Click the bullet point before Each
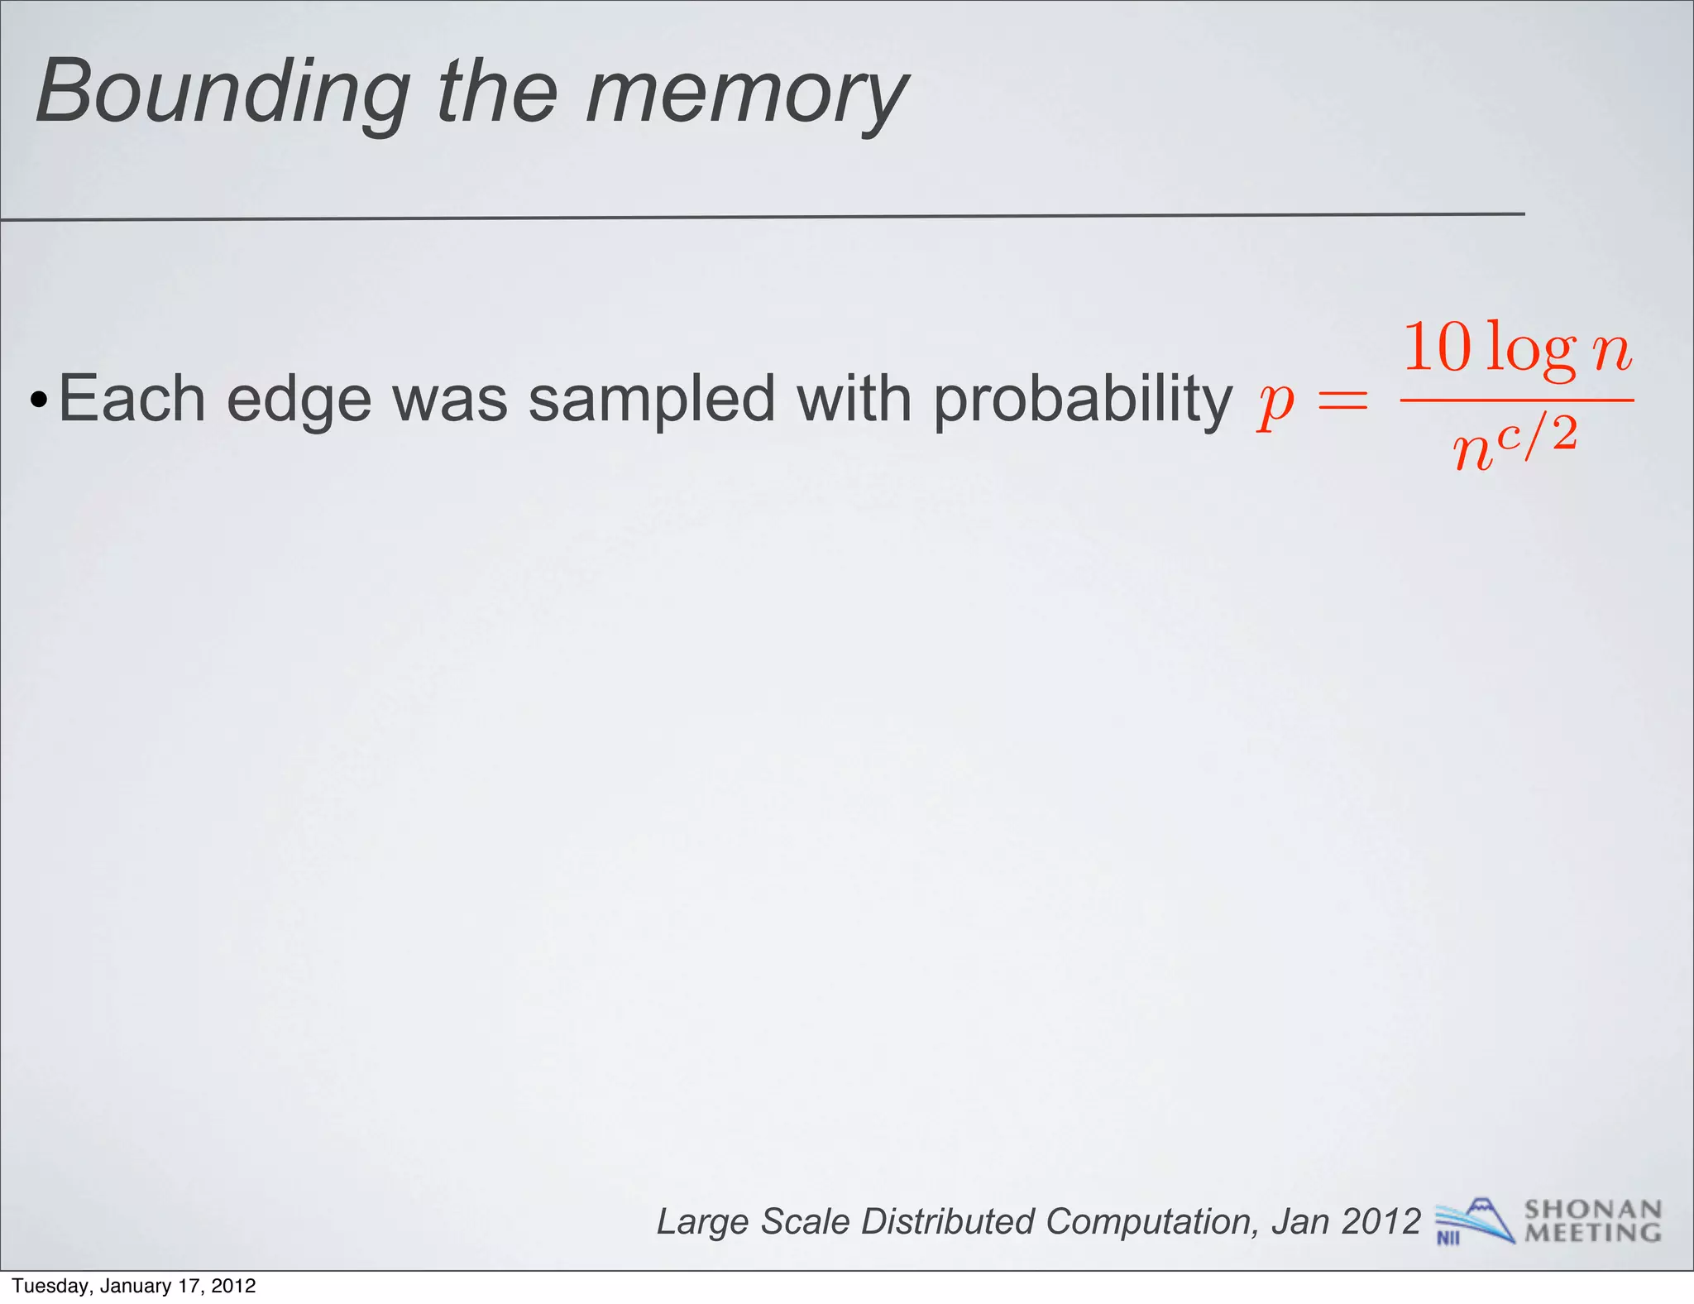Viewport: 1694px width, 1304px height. click(x=38, y=401)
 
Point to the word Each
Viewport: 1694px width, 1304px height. click(x=132, y=399)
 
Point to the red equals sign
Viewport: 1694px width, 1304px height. click(x=1343, y=402)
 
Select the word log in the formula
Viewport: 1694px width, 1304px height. click(x=1530, y=351)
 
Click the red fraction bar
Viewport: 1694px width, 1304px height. click(x=1517, y=400)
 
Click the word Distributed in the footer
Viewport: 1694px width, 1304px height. click(x=948, y=1222)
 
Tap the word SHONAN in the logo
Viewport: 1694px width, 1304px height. click(x=1592, y=1210)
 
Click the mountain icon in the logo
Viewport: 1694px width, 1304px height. click(x=1485, y=1214)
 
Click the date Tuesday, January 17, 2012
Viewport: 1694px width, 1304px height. click(x=134, y=1286)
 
